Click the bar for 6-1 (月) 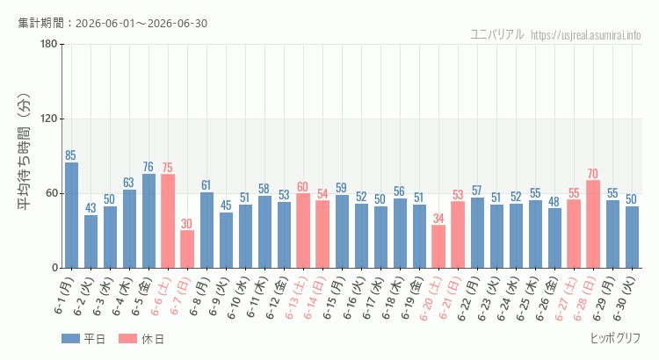coord(71,215)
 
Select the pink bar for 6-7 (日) coord(187,249)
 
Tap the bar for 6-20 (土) coord(438,247)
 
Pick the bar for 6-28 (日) coord(593,224)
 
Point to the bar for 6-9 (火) coord(226,241)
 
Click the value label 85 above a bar coord(70,155)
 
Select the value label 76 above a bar coord(148,167)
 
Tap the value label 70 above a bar coord(592,174)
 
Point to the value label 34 coord(438,219)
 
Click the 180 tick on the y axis coord(48,44)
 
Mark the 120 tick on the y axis coord(48,119)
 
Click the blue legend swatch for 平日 coord(70,339)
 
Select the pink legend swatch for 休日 coord(127,339)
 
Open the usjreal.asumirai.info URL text coord(585,35)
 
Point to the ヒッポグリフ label coord(615,338)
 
